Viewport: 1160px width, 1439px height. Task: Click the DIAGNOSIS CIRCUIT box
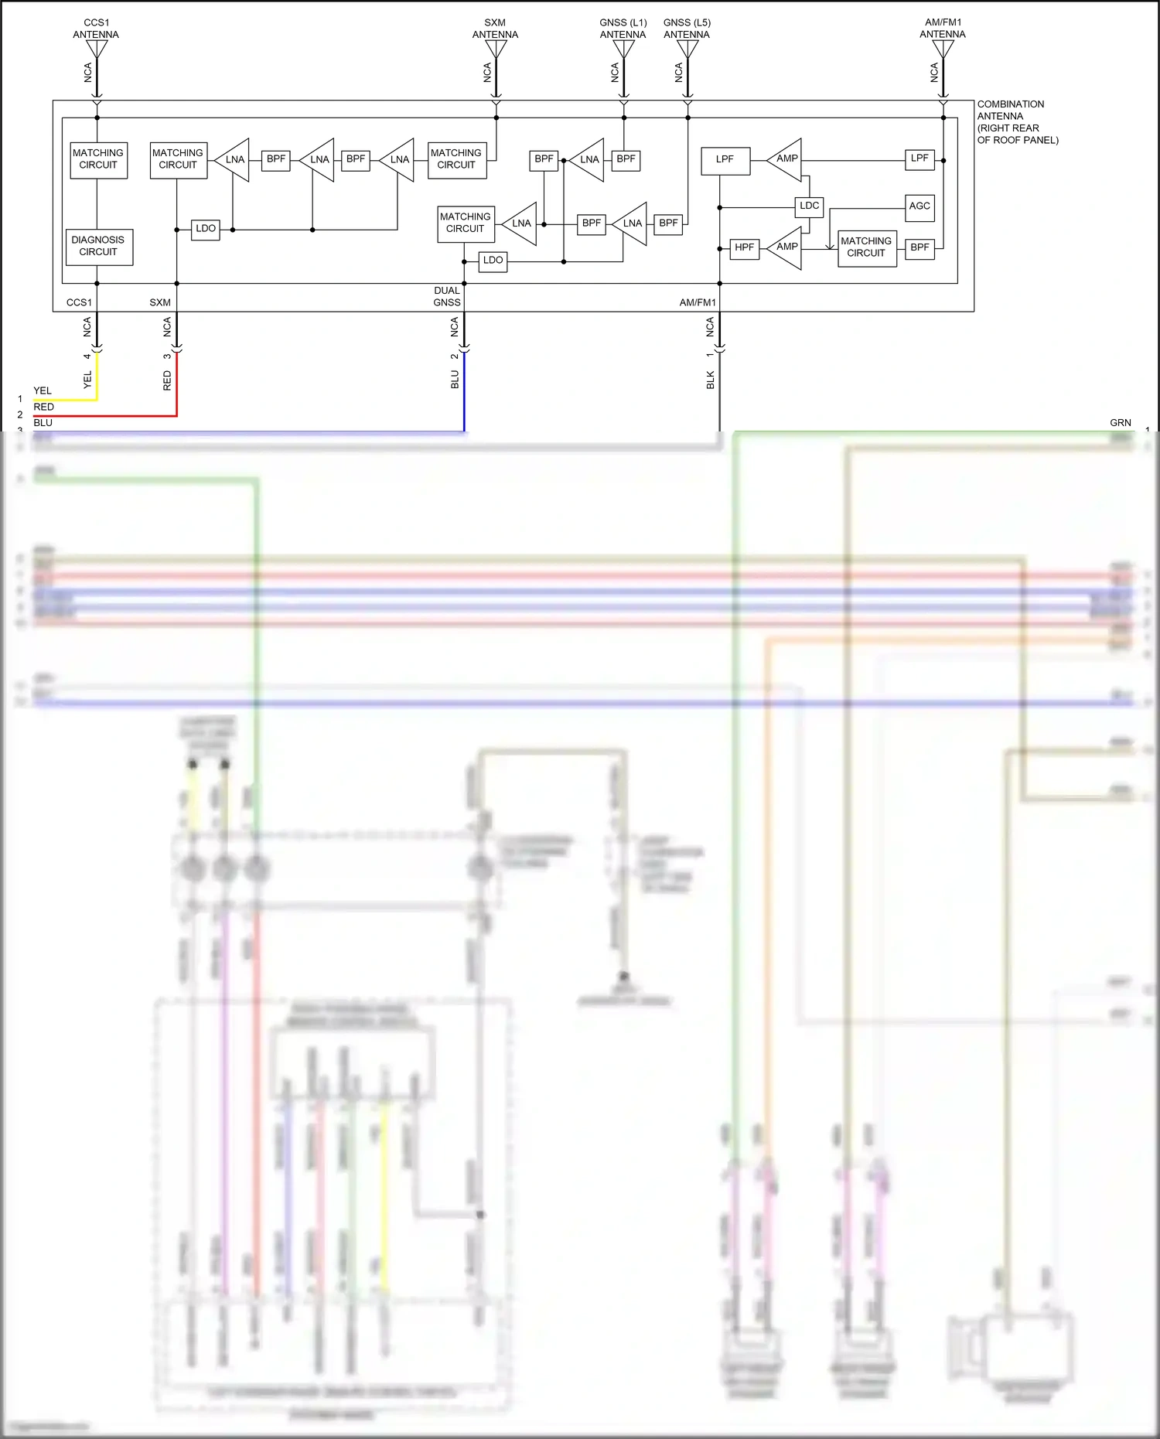click(99, 247)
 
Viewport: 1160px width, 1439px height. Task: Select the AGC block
click(919, 206)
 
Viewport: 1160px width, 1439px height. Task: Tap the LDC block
click(809, 206)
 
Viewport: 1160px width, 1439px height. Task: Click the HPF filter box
click(744, 247)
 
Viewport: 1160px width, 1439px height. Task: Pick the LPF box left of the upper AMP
click(725, 160)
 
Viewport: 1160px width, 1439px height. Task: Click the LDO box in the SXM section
click(205, 229)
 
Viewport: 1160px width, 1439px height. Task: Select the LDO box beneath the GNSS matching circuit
click(493, 261)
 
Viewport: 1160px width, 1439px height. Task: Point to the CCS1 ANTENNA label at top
click(96, 29)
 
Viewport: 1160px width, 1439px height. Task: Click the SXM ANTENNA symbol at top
click(496, 49)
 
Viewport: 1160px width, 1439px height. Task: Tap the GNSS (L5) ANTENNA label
click(687, 29)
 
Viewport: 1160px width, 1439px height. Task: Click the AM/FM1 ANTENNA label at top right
click(943, 29)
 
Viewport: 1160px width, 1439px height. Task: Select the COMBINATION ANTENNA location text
click(1016, 122)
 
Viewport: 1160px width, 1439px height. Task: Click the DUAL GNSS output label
click(447, 296)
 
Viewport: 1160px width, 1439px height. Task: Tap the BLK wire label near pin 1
click(710, 380)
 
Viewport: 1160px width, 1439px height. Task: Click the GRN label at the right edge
click(1120, 423)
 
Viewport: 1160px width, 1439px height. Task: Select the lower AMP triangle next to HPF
click(786, 247)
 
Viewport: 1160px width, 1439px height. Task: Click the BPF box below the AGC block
click(919, 247)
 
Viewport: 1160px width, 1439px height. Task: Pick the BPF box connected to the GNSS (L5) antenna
click(668, 223)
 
